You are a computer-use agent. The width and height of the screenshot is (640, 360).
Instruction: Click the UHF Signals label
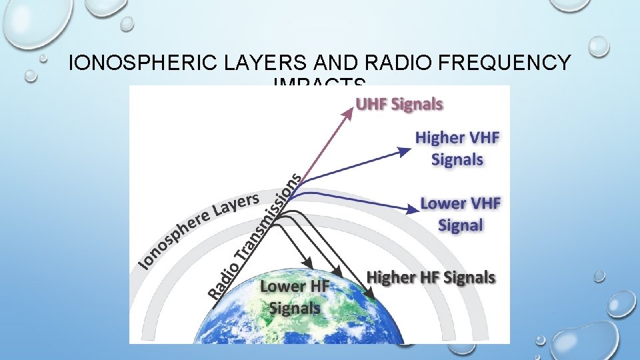tap(399, 104)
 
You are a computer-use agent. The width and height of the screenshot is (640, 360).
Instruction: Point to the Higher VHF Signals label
tap(457, 149)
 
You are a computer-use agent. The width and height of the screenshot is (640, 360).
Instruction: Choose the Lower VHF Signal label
tap(460, 213)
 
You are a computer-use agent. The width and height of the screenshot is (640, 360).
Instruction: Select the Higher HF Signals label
tap(431, 277)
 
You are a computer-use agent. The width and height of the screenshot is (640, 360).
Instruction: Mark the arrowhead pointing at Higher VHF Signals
tap(405, 151)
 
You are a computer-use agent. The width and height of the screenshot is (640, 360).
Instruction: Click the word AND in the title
tap(332, 63)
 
